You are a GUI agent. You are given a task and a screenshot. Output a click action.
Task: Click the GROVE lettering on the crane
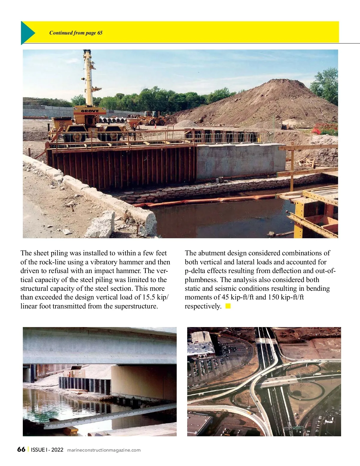(x=90, y=111)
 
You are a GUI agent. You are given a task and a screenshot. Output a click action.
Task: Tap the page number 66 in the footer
(x=21, y=449)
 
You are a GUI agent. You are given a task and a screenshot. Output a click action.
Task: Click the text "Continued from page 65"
(x=76, y=33)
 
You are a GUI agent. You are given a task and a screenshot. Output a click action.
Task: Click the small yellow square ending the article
(x=228, y=306)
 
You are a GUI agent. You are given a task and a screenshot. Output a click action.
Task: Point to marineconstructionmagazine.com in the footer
(x=104, y=450)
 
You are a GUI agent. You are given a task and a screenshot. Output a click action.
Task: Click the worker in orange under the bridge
(x=69, y=374)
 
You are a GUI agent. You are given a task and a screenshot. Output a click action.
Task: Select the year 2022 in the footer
(x=57, y=449)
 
